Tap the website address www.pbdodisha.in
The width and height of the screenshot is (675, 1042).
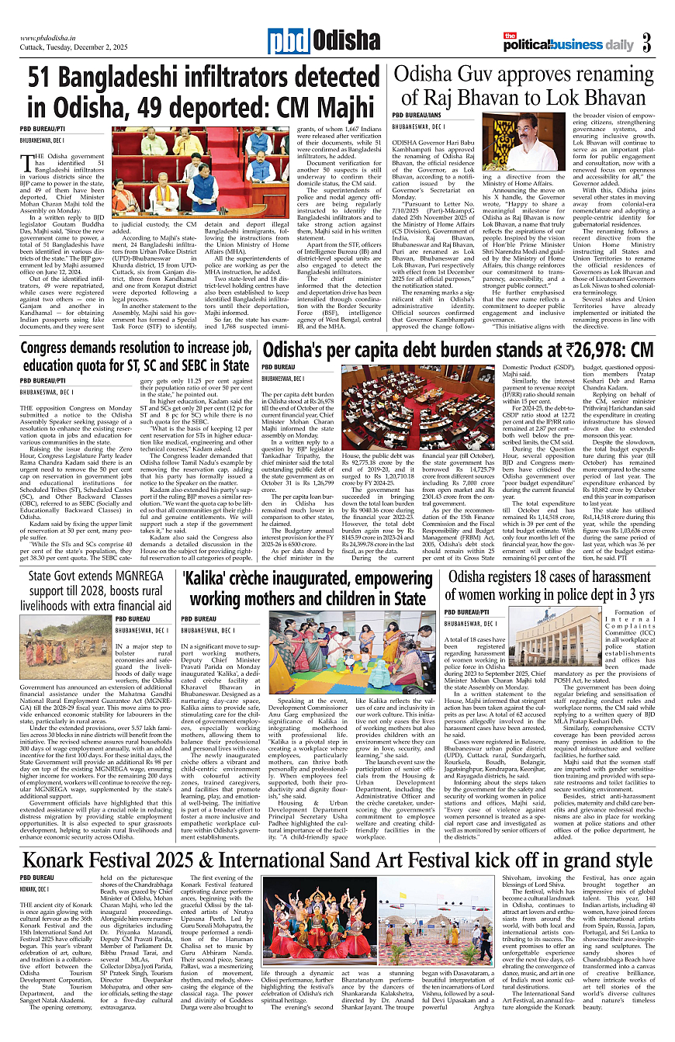point(51,37)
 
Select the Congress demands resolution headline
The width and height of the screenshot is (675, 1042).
point(135,356)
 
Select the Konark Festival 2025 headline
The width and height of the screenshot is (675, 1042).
point(337,861)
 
